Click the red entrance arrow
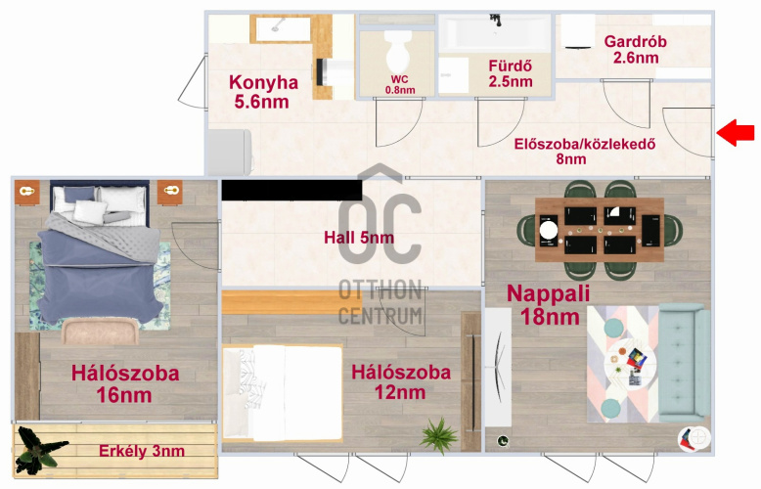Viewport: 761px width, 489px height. tap(736, 132)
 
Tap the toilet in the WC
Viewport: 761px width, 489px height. tap(398, 52)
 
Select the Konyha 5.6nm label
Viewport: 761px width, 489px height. tap(262, 92)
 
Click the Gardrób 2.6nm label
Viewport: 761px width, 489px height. tap(635, 50)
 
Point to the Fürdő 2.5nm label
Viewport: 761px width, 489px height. tap(510, 73)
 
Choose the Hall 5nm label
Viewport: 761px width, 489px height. tap(359, 238)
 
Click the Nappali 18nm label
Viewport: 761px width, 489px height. tap(549, 305)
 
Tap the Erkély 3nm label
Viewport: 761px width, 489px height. tap(142, 451)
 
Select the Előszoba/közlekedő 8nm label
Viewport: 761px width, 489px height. tap(585, 152)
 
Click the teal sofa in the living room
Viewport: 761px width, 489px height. tap(683, 363)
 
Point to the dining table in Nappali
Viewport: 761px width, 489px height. tap(600, 230)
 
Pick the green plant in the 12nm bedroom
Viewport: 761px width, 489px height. tap(439, 435)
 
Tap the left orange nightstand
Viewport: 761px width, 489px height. tap(26, 192)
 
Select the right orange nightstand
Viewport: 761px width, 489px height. tap(170, 192)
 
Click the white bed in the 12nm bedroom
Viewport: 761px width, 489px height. tap(283, 392)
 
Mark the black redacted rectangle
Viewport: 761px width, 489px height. tap(291, 190)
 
